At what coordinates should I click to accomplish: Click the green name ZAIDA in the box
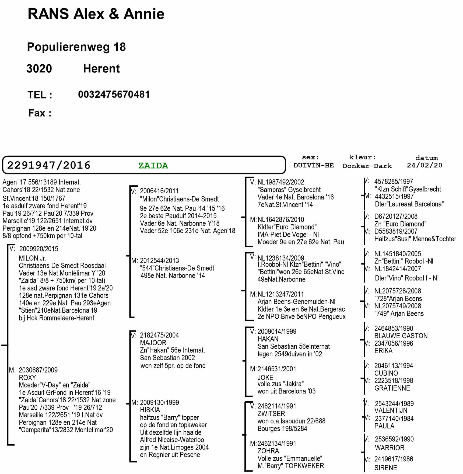[x=153, y=166]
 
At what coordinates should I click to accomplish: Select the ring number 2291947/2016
[x=49, y=165]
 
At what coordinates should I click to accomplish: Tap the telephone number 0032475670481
[x=114, y=95]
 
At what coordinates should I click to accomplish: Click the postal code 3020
[x=39, y=69]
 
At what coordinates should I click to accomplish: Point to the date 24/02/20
[x=425, y=165]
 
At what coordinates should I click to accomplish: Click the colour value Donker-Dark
[x=367, y=166]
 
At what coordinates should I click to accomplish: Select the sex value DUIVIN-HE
[x=314, y=166]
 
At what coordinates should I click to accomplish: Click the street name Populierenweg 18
[x=76, y=47]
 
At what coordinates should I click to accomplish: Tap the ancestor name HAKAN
[x=268, y=339]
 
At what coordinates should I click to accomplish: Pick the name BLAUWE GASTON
[x=401, y=336]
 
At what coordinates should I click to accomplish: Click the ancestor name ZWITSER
[x=271, y=414]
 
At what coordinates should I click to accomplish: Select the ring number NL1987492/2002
[x=281, y=182]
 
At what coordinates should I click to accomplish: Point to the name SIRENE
[x=385, y=468]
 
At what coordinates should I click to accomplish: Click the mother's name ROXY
[x=27, y=378]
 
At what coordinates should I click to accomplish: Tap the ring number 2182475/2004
[x=159, y=335]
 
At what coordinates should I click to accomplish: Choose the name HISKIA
[x=150, y=410]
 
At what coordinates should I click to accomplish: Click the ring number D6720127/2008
[x=396, y=217]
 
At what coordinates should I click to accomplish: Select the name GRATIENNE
[x=392, y=388]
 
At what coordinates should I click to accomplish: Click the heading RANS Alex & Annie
[x=96, y=14]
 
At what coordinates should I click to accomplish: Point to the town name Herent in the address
[x=101, y=69]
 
